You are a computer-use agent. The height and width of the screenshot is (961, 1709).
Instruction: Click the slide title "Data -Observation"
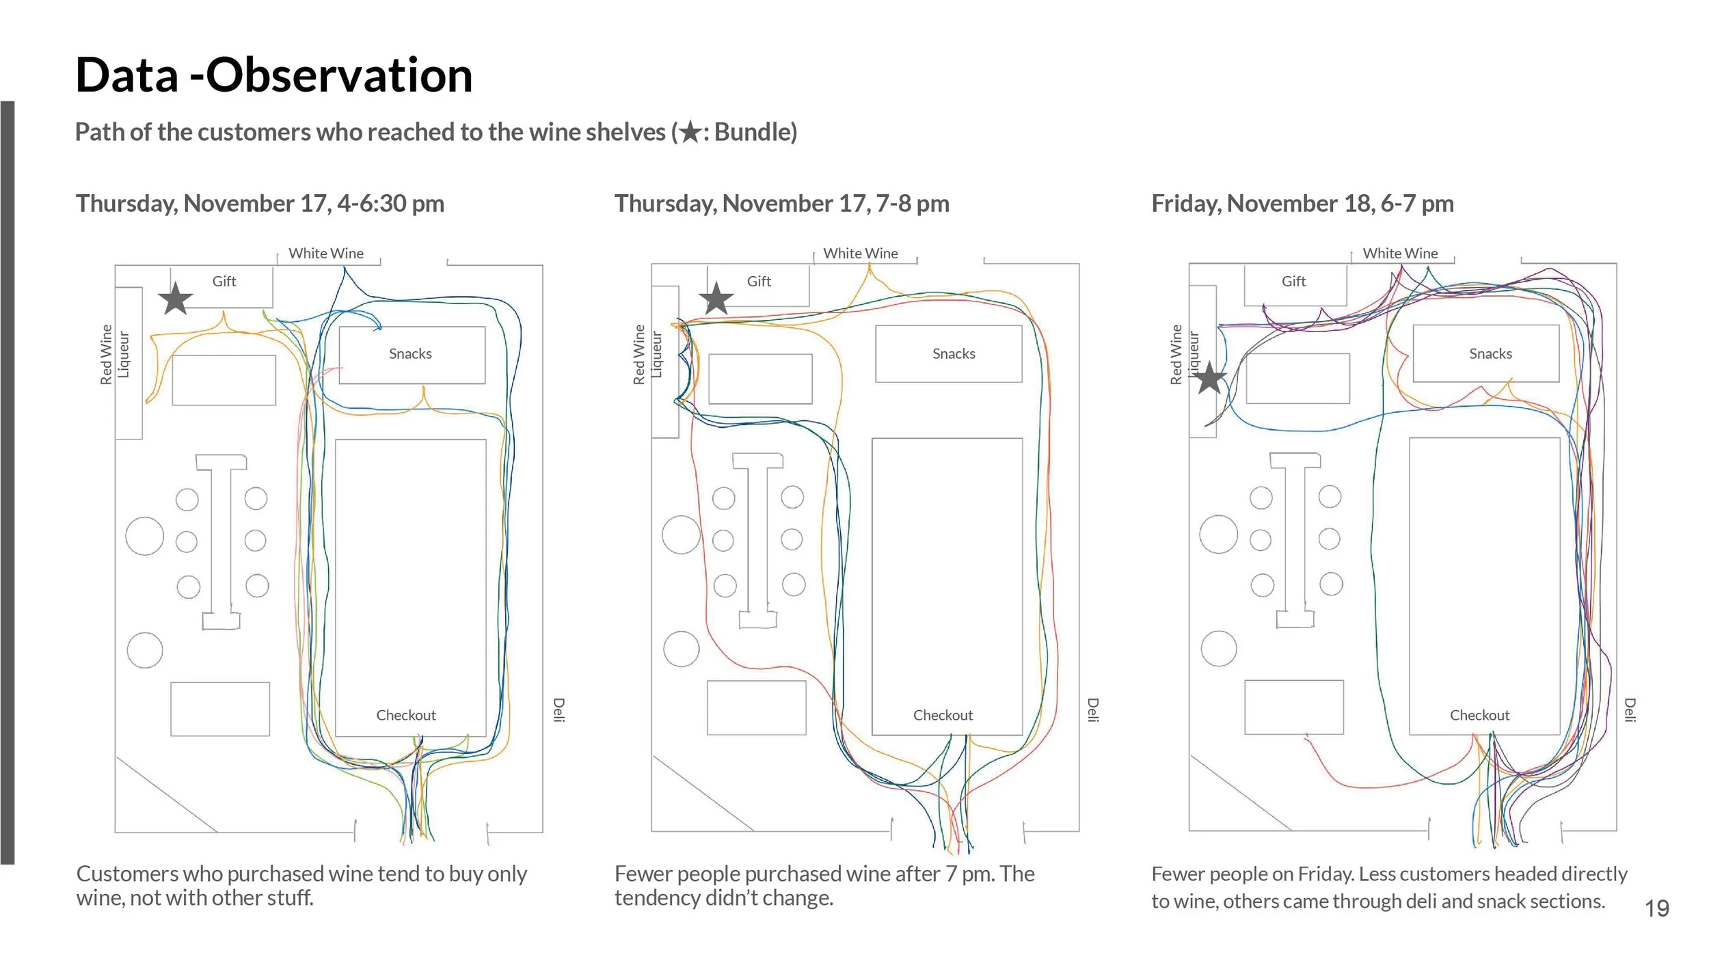coord(273,75)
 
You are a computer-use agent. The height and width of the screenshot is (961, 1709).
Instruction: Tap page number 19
coord(1656,908)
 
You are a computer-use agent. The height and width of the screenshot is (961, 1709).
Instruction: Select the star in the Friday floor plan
coord(1209,379)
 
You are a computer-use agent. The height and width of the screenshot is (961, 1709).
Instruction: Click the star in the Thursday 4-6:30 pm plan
coord(176,299)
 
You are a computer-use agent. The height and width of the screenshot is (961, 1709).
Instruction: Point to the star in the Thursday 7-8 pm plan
coord(716,299)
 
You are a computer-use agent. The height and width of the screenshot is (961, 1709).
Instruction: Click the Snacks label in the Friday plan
coord(1490,354)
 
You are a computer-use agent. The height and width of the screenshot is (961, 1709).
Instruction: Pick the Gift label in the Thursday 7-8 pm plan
coord(759,282)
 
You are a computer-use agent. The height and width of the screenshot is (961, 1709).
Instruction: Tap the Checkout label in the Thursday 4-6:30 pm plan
coord(406,715)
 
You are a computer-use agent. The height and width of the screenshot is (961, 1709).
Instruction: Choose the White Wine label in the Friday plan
coord(1400,254)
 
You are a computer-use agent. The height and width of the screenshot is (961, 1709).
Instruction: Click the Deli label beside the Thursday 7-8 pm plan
coord(1093,709)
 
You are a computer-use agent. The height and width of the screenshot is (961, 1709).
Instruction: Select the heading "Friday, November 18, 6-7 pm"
coord(1302,204)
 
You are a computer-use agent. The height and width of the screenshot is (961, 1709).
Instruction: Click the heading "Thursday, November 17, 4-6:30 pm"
coord(260,204)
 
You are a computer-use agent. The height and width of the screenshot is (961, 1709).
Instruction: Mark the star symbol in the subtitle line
coord(690,132)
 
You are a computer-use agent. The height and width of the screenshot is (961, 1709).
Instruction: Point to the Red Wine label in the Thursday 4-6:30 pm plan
coord(106,355)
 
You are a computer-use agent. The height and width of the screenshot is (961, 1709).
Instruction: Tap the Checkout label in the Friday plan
coord(1479,715)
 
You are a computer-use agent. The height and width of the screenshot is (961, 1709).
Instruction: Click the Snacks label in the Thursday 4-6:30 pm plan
coord(410,354)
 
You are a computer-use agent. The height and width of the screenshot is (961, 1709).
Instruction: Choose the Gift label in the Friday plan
coord(1293,282)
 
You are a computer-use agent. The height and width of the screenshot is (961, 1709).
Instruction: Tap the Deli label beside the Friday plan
coord(1630,709)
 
